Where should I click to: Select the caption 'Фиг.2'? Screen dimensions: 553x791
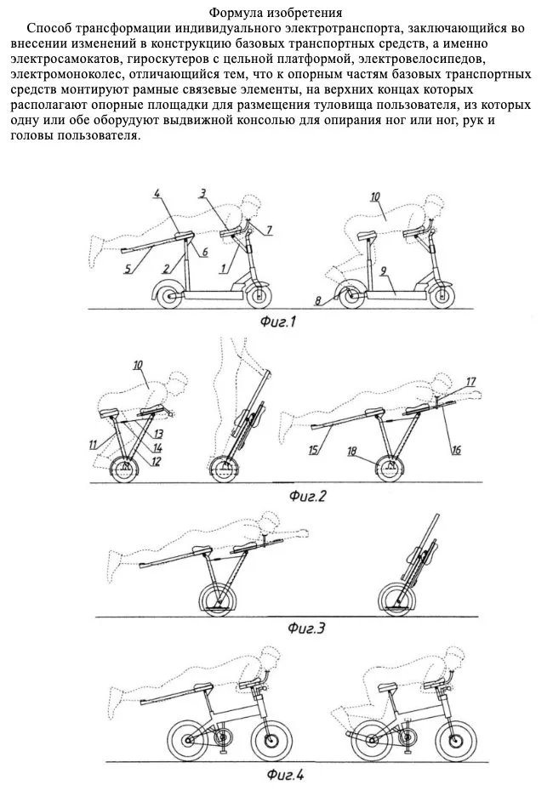pos(307,497)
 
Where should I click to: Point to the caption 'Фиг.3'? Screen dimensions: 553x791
pos(306,628)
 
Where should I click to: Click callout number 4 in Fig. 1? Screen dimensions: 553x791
pos(157,193)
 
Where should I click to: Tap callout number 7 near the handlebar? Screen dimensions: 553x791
pos(270,230)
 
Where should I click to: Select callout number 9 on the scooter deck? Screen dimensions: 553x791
pos(384,271)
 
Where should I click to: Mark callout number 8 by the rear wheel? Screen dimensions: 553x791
pos(318,301)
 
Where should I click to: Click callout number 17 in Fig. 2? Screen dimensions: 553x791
pos(470,382)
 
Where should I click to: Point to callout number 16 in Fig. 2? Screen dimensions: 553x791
pos(456,449)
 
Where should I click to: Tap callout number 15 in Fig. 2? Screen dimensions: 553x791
pos(314,449)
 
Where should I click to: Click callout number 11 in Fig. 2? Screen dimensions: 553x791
pos(93,444)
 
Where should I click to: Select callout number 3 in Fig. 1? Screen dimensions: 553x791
pos(202,193)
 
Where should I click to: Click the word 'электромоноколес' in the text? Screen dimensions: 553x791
pos(66,75)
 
